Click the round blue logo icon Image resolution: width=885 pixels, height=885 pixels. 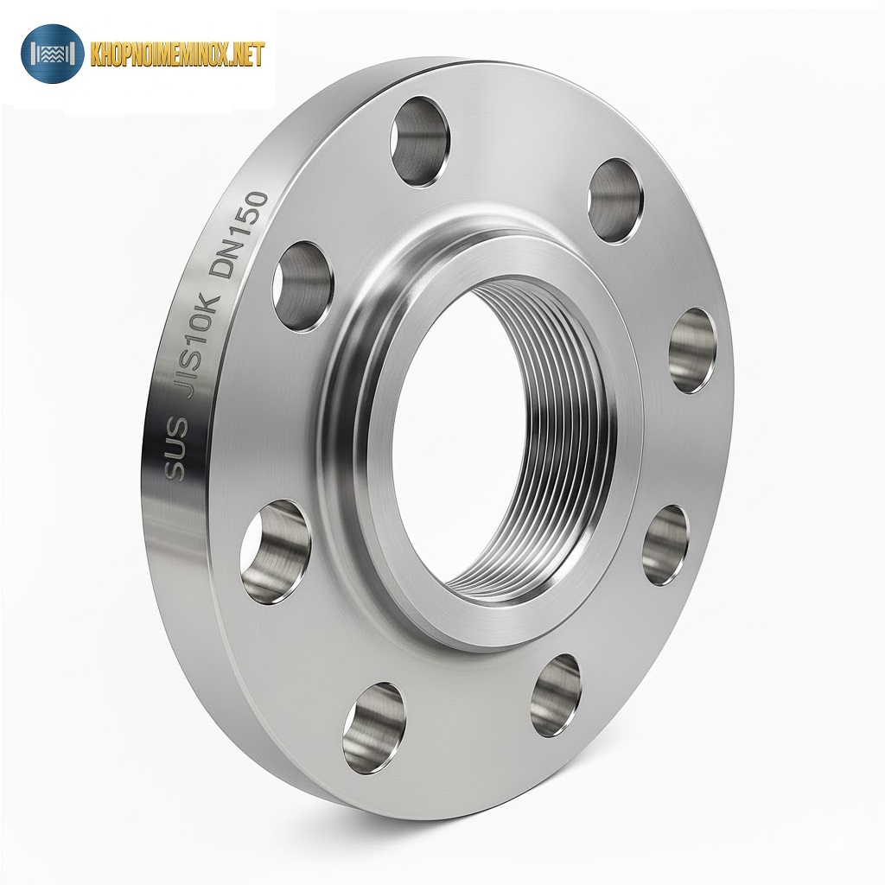pyautogui.click(x=52, y=54)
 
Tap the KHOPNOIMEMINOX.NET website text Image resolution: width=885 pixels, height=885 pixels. pyautogui.click(x=176, y=55)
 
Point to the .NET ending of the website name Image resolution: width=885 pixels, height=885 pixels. pyautogui.click(x=245, y=55)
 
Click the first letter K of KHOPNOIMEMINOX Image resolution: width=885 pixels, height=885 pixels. pyautogui.click(x=96, y=55)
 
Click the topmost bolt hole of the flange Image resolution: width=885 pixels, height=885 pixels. pyautogui.click(x=422, y=140)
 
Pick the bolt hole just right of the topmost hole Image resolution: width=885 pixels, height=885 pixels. pyautogui.click(x=615, y=201)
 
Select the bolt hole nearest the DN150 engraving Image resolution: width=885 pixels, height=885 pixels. pyautogui.click(x=302, y=285)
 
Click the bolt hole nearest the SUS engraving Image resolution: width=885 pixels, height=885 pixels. pyautogui.click(x=275, y=550)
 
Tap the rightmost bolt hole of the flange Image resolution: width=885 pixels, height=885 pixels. pyautogui.click(x=693, y=350)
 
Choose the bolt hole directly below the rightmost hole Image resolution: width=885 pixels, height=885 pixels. pyautogui.click(x=665, y=544)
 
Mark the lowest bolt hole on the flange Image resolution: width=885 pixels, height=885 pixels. pyautogui.click(x=373, y=727)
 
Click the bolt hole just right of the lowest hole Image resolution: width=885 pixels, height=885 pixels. pyautogui.click(x=556, y=695)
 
